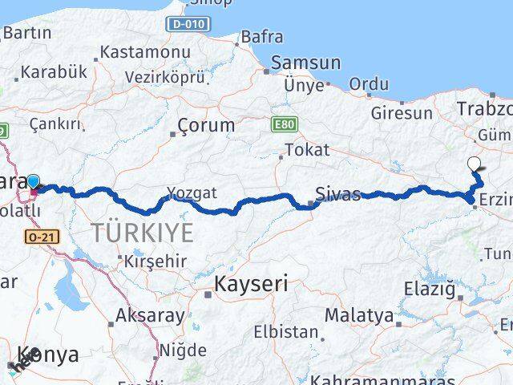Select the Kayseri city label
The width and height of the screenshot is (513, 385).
[251, 284]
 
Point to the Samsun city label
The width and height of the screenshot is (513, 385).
[305, 63]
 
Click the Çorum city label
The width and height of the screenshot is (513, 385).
[206, 125]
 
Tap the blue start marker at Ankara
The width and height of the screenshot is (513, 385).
[34, 182]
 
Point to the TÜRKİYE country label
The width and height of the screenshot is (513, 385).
[142, 233]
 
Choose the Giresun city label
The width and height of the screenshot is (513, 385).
[401, 113]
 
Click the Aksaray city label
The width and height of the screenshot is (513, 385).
[150, 315]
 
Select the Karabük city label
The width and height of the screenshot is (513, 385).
[54, 71]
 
